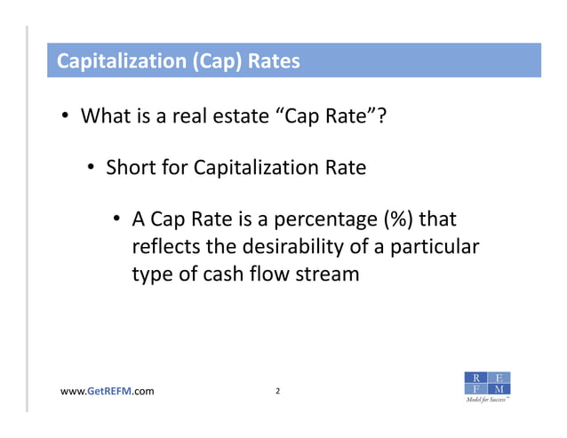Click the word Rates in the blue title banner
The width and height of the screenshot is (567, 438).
(274, 62)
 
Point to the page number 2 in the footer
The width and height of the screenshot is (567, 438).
(278, 391)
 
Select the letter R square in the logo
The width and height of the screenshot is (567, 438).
(477, 377)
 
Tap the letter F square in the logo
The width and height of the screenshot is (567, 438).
(477, 389)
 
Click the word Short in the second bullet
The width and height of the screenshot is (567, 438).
(130, 167)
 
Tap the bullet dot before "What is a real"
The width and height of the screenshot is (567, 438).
(66, 117)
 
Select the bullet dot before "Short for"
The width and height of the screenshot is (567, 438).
(92, 168)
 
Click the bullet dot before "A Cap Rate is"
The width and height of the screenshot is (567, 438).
(117, 219)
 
